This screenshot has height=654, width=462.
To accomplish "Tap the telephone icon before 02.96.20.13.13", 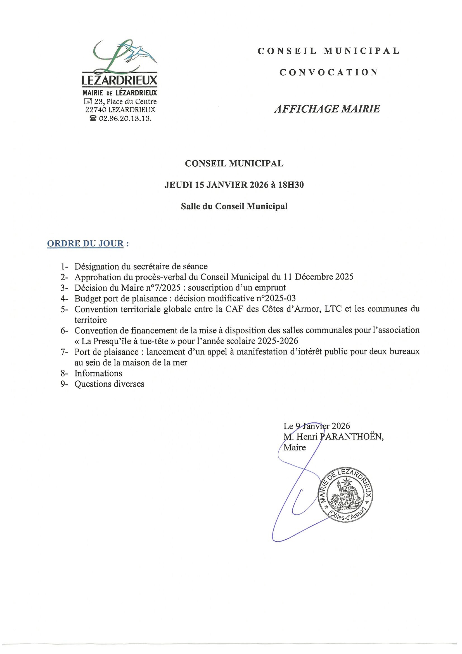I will pos(93,119).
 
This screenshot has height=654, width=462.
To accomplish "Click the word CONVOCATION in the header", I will pos(328,72).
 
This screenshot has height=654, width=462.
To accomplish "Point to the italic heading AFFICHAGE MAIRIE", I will pos(327,109).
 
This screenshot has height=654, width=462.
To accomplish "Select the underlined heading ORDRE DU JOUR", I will pos(86,244).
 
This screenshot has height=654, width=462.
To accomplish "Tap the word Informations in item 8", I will pos(98,373).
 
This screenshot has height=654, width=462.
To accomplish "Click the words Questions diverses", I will pos(109,384).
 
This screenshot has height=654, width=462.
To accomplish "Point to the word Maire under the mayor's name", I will pos(295,448).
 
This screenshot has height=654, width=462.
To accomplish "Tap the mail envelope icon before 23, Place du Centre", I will pos(88,101).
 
